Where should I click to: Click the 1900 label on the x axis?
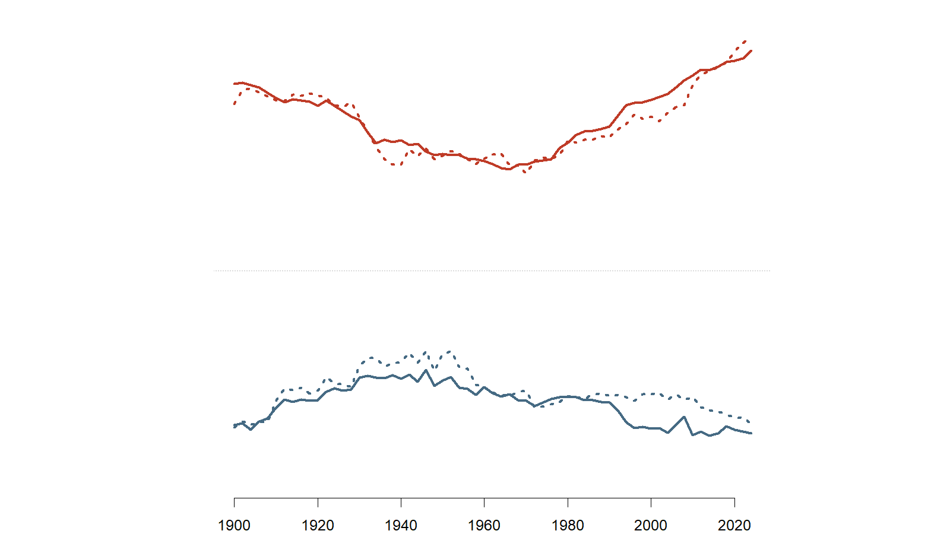tap(234, 525)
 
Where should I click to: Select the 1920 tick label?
tap(318, 525)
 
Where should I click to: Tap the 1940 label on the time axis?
tap(401, 525)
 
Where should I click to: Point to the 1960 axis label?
tap(484, 525)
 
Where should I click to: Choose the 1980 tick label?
tap(568, 525)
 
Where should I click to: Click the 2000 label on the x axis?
tap(651, 525)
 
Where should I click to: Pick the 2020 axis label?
tap(734, 525)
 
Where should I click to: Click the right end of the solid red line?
tap(752, 50)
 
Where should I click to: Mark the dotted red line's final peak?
tap(745, 41)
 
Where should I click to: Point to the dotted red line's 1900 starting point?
tap(235, 104)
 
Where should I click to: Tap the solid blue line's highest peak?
tap(426, 370)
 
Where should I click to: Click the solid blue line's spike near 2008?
tap(685, 417)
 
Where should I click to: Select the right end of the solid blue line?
tap(752, 433)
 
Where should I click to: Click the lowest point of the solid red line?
tap(509, 170)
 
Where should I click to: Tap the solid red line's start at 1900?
tap(235, 84)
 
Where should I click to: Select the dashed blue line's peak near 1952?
tap(449, 351)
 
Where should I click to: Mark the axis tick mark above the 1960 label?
tap(484, 502)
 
